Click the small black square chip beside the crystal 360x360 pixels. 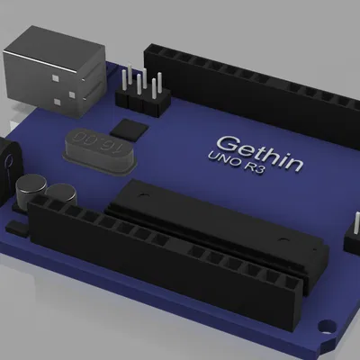[x=132, y=128]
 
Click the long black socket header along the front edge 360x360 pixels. [x=171, y=261]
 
